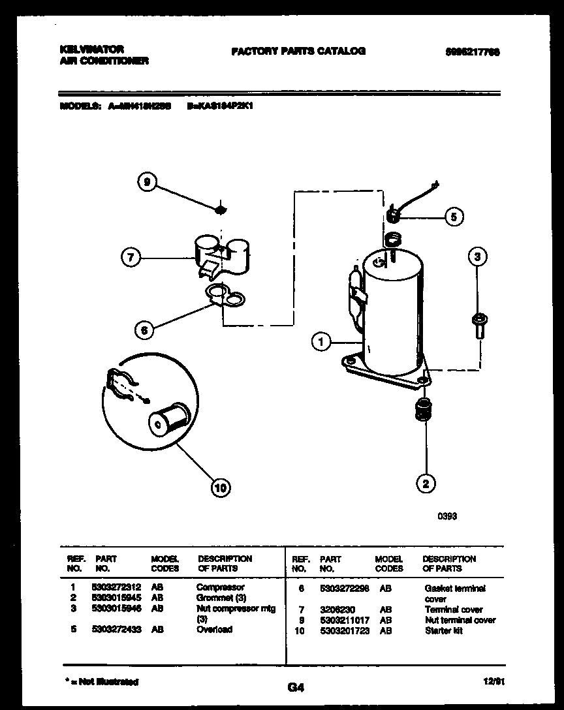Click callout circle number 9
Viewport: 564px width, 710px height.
click(148, 184)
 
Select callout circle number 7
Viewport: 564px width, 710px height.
click(131, 258)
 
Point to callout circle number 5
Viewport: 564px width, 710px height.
click(454, 216)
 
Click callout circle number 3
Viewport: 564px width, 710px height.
click(477, 257)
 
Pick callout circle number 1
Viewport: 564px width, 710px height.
click(321, 341)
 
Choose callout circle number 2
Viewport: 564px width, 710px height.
click(426, 484)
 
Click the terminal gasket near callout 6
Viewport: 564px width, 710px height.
click(225, 297)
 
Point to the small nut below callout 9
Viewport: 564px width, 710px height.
click(221, 209)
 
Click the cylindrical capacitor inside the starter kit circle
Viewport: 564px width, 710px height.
click(168, 418)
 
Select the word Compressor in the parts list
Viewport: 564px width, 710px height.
click(220, 587)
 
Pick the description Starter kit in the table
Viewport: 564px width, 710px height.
click(443, 631)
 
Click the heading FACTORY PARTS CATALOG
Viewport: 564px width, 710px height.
click(298, 51)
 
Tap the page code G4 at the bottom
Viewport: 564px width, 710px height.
click(295, 687)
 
